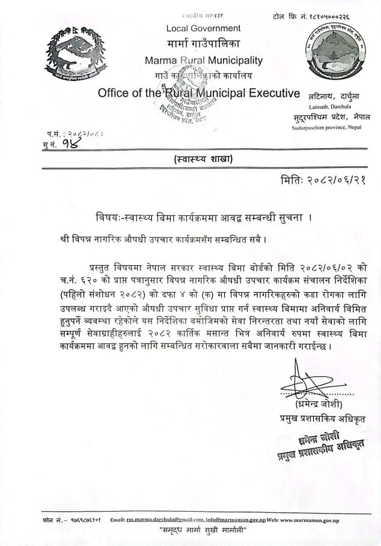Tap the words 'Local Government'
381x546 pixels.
coord(203,28)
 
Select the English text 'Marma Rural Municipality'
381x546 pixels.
coord(204,60)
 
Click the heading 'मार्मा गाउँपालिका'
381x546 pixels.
coord(203,44)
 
